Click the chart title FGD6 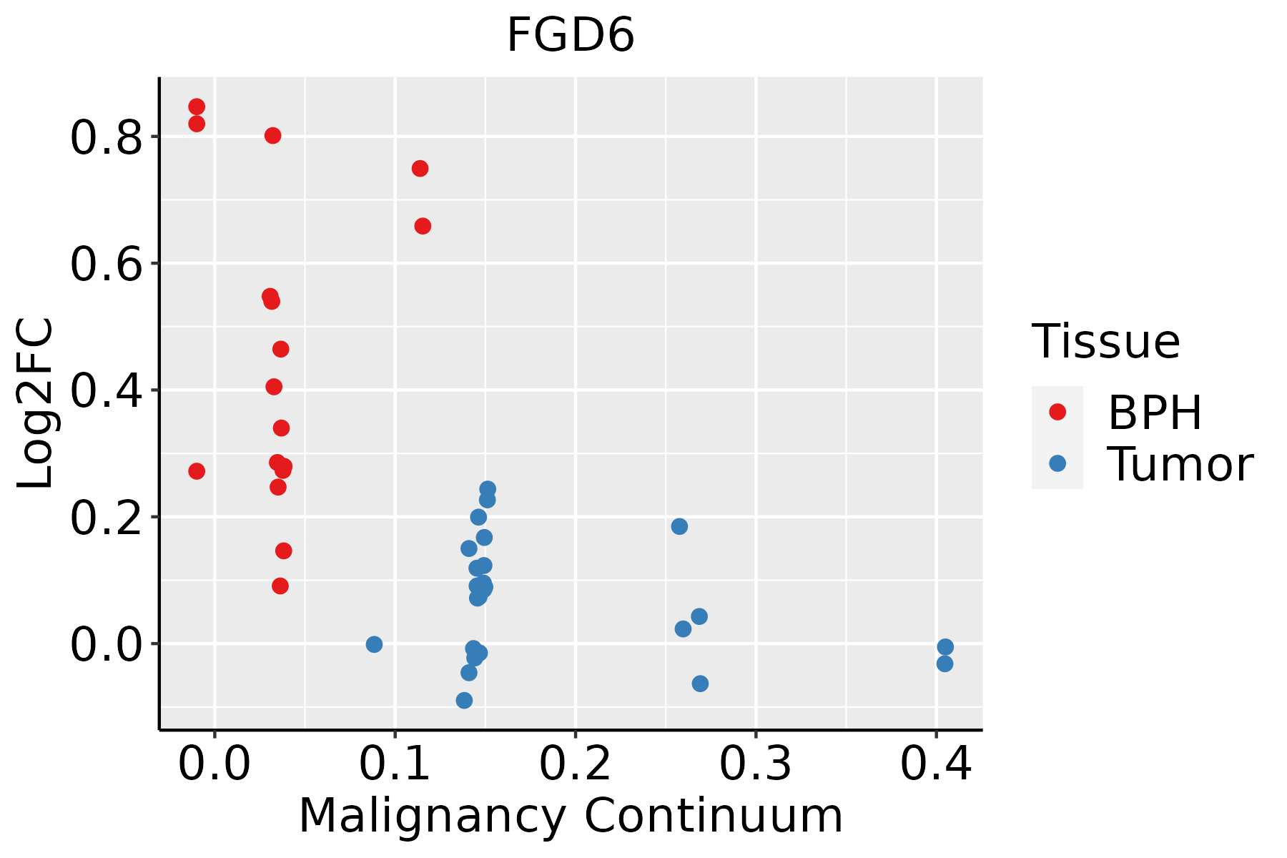571,36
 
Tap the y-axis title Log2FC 36,403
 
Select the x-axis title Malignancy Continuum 571,816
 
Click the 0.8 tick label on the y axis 106,138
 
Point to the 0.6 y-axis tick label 106,265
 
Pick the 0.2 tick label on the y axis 106,518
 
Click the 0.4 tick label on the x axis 935,764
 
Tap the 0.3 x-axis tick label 755,764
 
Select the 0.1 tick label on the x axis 395,764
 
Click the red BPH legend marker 1057,411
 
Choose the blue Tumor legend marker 1057,463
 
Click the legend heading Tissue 1105,342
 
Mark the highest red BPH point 197,107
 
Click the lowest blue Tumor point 464,700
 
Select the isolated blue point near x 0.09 374,644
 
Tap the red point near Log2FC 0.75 420,168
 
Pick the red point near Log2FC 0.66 423,226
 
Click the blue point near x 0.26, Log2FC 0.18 679,526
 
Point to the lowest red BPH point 280,586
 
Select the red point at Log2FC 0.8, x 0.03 272,135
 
